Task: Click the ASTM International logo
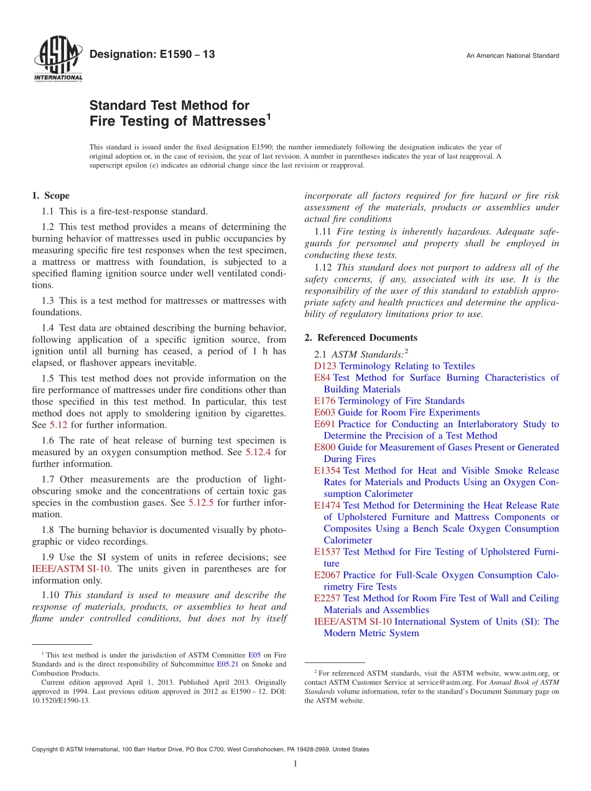[x=57, y=60]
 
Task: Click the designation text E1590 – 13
[x=152, y=55]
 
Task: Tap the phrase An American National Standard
[x=512, y=56]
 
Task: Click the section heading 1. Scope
[x=50, y=196]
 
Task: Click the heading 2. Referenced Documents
[x=361, y=338]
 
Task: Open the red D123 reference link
[x=325, y=366]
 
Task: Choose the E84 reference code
[x=323, y=377]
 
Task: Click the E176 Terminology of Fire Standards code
[x=325, y=401]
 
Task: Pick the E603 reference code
[x=325, y=412]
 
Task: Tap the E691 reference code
[x=325, y=424]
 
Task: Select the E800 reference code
[x=325, y=447]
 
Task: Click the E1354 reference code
[x=327, y=471]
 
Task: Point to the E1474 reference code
[x=327, y=506]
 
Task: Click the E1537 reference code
[x=327, y=552]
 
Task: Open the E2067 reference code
[x=327, y=575]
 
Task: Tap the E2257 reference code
[x=327, y=598]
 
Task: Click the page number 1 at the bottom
[x=295, y=764]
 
